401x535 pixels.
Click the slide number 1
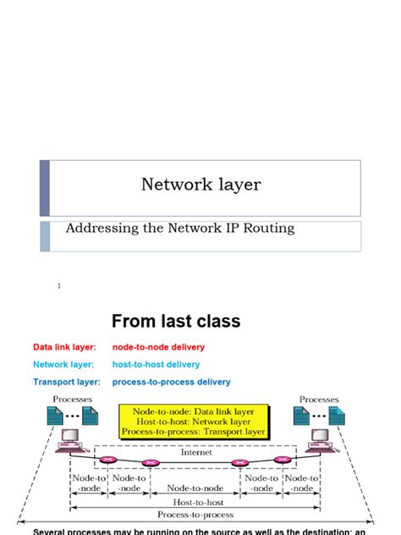(x=59, y=286)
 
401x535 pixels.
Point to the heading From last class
(x=176, y=321)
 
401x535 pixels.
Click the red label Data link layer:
(x=64, y=347)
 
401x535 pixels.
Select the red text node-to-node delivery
(x=158, y=347)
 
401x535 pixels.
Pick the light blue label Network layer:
(x=62, y=365)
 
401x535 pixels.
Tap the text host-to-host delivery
(x=156, y=365)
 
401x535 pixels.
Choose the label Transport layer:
(x=66, y=382)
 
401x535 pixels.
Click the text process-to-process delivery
(x=171, y=382)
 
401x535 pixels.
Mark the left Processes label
(x=73, y=400)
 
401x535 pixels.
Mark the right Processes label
(x=319, y=400)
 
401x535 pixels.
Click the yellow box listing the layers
(x=194, y=421)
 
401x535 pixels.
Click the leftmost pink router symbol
(x=107, y=461)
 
